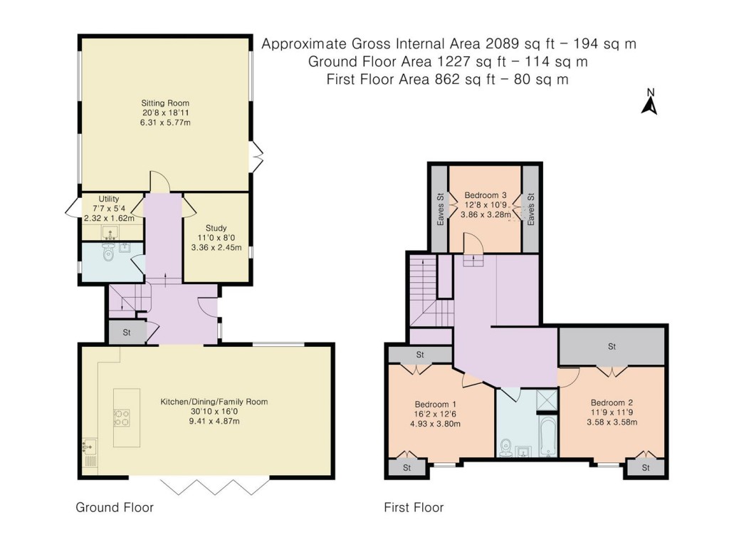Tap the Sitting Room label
point(165,103)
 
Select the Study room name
point(216,228)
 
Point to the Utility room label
point(109,199)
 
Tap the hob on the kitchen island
point(122,417)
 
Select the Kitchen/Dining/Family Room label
point(214,402)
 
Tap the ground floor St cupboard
point(127,332)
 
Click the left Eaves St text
point(440,209)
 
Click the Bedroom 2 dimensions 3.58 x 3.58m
point(612,422)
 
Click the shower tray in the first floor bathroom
point(547,400)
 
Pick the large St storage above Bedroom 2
point(612,347)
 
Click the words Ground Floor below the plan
point(115,507)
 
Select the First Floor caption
point(414,507)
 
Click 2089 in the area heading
point(502,43)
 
